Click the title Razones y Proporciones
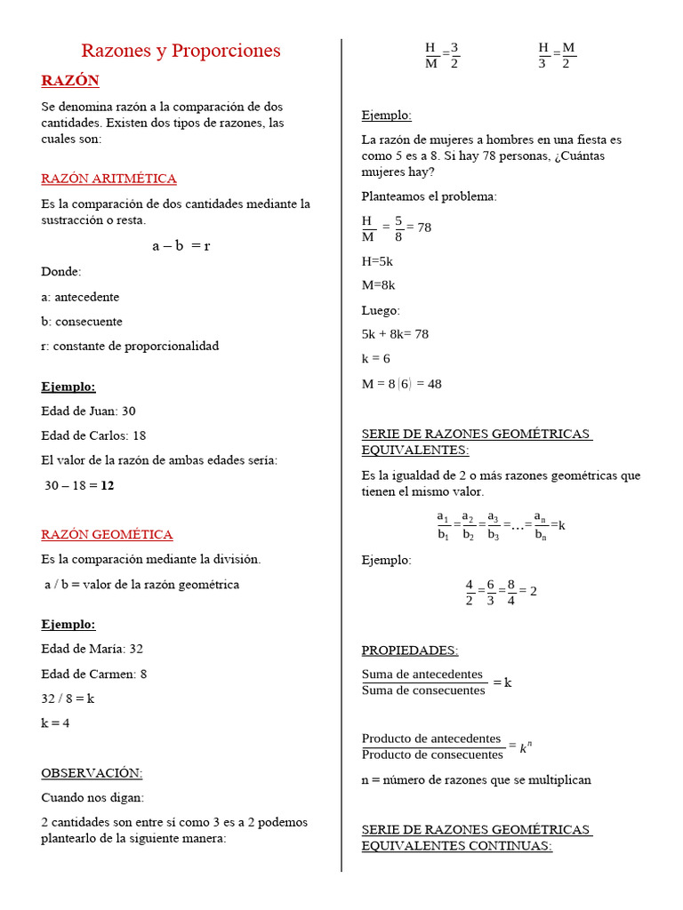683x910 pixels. coord(181,51)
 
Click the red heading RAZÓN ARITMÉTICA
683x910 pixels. coord(108,179)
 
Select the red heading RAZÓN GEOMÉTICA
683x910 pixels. coord(107,534)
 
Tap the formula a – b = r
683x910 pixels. coord(181,246)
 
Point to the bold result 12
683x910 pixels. coord(108,485)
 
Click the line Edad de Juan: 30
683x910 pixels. coord(88,411)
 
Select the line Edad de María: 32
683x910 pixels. coord(92,649)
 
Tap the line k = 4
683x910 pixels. coord(55,722)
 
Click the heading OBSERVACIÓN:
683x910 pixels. coord(92,773)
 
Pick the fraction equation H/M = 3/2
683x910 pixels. coord(442,54)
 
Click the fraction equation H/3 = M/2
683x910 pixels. coord(557,54)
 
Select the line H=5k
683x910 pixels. coord(377,261)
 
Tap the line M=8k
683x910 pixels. coord(378,285)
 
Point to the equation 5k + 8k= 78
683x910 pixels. coord(395,334)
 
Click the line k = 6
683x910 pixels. coord(375,358)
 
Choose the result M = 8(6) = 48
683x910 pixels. coord(401,384)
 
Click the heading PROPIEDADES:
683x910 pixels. coord(409,651)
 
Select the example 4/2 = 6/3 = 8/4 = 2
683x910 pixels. coord(501,591)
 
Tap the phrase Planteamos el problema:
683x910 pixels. coord(429,196)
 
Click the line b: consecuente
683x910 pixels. coord(82,321)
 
